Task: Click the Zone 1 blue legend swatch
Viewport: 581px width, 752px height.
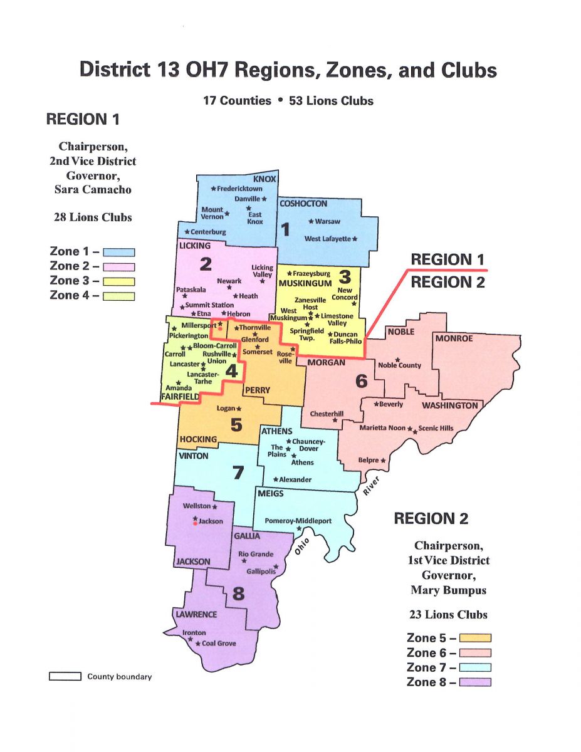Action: pyautogui.click(x=119, y=253)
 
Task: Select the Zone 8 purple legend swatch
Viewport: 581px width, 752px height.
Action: pyautogui.click(x=475, y=682)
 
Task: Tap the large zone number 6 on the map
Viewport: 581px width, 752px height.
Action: pyautogui.click(x=361, y=380)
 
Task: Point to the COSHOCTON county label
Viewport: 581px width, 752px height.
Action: pyautogui.click(x=303, y=204)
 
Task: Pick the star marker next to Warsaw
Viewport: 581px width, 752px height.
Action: pyautogui.click(x=311, y=221)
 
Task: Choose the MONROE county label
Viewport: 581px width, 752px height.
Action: pyautogui.click(x=454, y=338)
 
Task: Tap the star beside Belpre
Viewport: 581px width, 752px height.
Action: pyautogui.click(x=383, y=461)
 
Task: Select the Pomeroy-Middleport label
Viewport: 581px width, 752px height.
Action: pyautogui.click(x=298, y=521)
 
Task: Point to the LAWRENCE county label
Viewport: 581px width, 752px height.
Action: pyautogui.click(x=196, y=614)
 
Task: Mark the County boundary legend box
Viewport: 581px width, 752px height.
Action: pyautogui.click(x=65, y=676)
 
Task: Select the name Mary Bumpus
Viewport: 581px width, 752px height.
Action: pyautogui.click(x=448, y=590)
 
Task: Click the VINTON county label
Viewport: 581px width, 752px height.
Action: pyautogui.click(x=194, y=456)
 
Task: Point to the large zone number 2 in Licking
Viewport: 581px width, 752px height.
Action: pyautogui.click(x=205, y=264)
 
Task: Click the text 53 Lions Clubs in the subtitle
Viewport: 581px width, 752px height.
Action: pyautogui.click(x=331, y=101)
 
